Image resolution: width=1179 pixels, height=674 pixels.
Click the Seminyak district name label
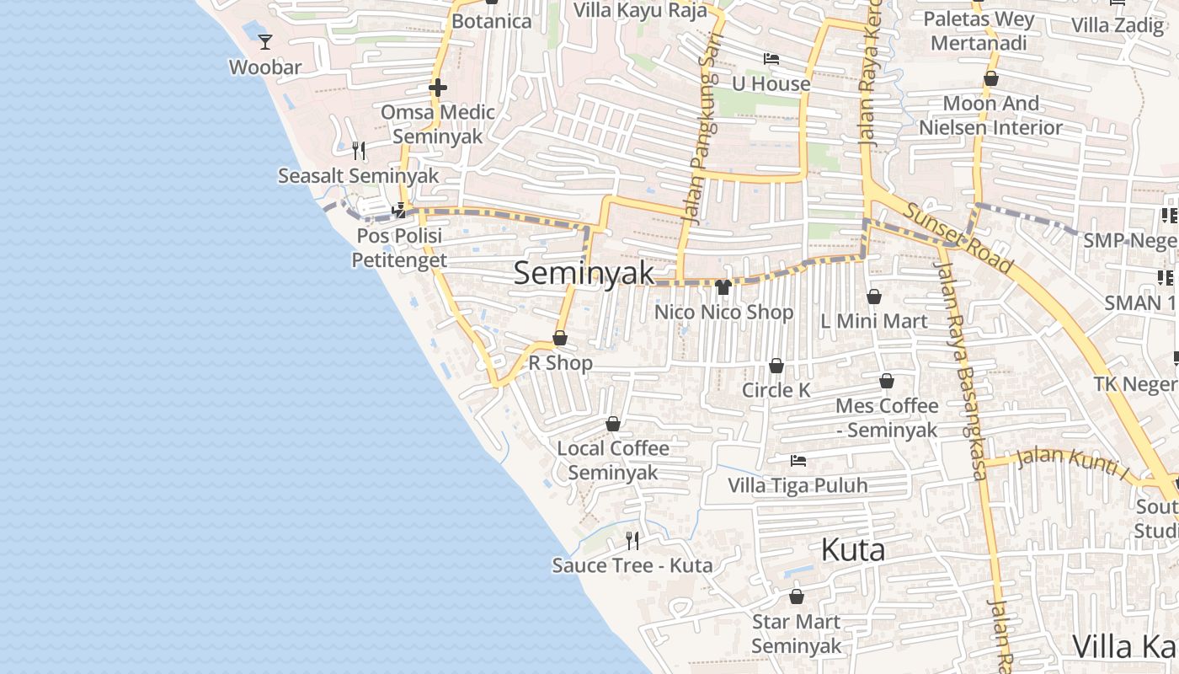[584, 273]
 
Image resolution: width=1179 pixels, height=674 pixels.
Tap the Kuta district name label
[852, 550]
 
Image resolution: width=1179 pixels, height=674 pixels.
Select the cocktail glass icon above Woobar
[265, 41]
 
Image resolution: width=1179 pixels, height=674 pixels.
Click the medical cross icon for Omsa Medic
[437, 88]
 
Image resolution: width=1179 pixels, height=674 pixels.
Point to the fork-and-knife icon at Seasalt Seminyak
[359, 151]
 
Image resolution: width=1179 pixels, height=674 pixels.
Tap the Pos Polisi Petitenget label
[399, 248]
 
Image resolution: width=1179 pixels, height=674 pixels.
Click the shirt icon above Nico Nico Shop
[723, 287]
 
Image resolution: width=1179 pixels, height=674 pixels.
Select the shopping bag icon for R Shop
[560, 339]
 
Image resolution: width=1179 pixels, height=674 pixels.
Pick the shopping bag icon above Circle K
[776, 366]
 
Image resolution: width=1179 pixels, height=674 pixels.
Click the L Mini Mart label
[873, 321]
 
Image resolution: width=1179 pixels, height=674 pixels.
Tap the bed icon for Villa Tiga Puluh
[798, 461]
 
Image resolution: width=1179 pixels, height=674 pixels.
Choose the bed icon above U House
[771, 59]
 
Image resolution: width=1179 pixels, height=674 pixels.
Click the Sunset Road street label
[957, 238]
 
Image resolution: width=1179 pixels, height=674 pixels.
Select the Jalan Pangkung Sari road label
[697, 160]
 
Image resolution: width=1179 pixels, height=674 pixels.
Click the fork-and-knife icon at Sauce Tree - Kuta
[632, 540]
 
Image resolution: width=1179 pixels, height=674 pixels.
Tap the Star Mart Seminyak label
[796, 634]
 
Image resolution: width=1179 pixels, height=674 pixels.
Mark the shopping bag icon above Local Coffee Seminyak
[613, 424]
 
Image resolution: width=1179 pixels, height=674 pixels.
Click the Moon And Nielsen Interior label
[990, 115]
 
